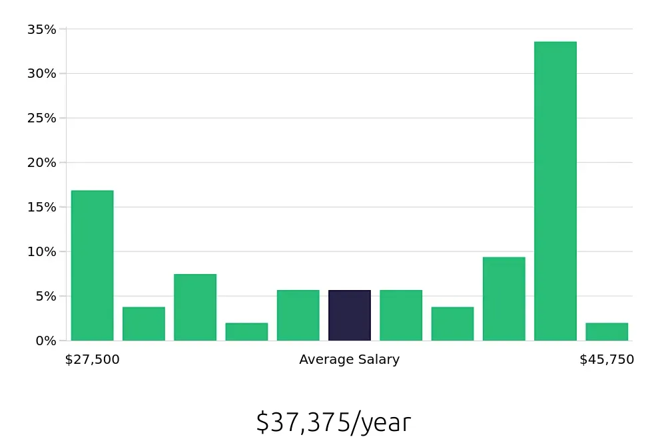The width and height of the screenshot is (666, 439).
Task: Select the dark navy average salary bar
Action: click(350, 315)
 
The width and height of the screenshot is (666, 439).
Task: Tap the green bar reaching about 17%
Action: click(92, 266)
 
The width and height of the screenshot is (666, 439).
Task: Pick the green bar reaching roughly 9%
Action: click(503, 299)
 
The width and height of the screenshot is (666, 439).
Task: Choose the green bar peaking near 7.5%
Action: click(195, 307)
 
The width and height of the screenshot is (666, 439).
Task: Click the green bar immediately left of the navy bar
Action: click(298, 315)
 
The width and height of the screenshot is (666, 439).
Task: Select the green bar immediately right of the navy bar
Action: click(401, 315)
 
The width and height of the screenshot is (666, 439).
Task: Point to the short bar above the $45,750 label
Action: click(607, 332)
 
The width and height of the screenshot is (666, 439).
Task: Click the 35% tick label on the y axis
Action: click(41, 29)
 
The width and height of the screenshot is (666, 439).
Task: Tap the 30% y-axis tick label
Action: click(41, 74)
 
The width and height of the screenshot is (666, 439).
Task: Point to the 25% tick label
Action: click(41, 118)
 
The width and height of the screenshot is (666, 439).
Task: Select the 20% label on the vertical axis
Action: click(41, 163)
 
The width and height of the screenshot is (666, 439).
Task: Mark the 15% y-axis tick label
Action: click(41, 208)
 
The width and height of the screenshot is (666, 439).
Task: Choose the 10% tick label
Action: click(41, 252)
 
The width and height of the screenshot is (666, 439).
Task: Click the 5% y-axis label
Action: click(45, 296)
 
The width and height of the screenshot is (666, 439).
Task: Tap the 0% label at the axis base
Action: click(45, 341)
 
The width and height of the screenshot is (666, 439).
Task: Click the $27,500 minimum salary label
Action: click(92, 360)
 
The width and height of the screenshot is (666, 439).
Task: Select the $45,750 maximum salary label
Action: click(607, 360)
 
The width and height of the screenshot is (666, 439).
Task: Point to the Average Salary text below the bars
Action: click(349, 360)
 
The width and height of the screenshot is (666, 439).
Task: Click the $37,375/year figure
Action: click(333, 422)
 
